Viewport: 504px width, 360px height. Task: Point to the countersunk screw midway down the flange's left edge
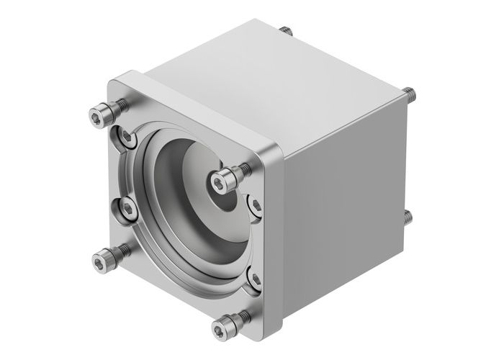pos(127,210)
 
